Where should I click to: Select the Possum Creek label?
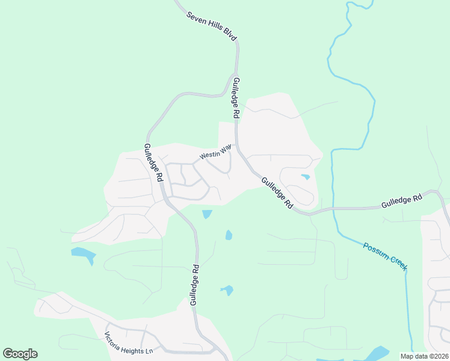(385, 256)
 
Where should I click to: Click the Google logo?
(20, 354)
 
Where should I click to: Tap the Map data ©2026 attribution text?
(424, 356)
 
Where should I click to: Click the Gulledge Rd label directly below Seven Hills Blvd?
(236, 98)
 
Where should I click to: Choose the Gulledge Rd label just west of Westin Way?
(153, 162)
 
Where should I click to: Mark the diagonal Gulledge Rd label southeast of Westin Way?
(277, 193)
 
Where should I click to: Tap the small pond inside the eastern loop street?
(306, 177)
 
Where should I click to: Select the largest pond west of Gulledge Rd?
(83, 254)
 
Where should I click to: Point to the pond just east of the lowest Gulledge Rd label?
(227, 291)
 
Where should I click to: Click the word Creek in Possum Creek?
(395, 262)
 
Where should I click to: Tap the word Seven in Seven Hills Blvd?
(196, 17)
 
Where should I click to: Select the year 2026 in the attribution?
(439, 356)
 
